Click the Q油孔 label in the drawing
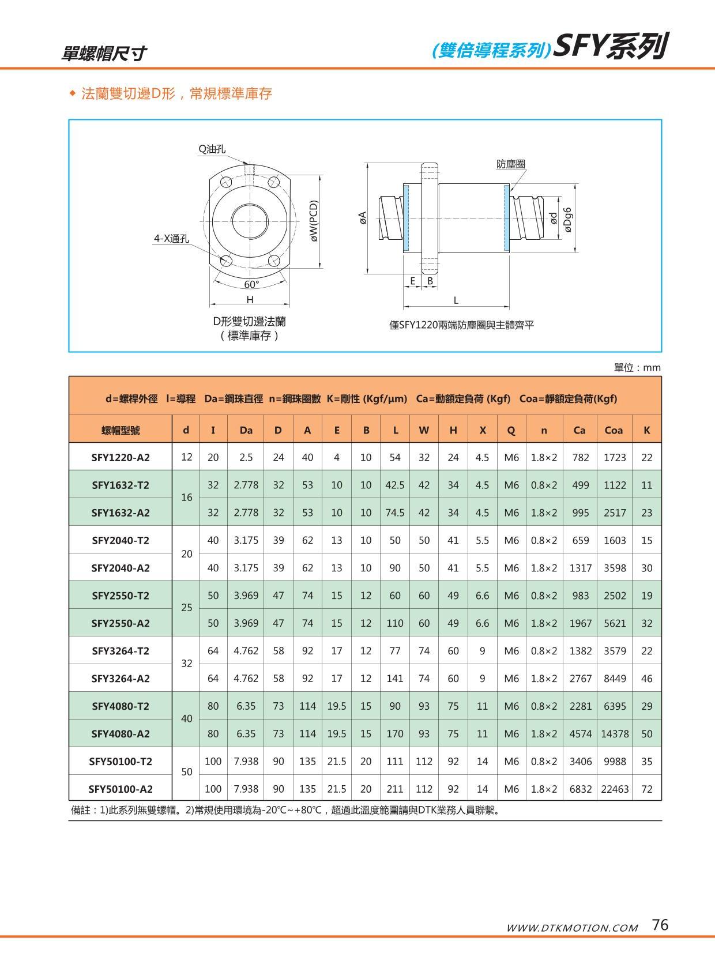tap(212, 149)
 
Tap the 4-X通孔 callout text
tap(171, 239)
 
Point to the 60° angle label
tap(251, 284)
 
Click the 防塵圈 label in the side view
tap(511, 164)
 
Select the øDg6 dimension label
tap(569, 219)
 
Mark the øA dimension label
tap(362, 218)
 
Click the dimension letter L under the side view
tap(456, 300)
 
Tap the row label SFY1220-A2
tap(121, 458)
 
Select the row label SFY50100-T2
tap(121, 762)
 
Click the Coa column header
tap(614, 430)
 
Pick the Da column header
tap(246, 430)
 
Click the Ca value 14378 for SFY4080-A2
tap(615, 734)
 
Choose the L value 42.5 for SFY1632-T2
tap(395, 485)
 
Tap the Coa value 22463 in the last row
tap(615, 789)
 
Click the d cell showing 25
tap(186, 608)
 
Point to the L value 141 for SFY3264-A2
tap(395, 679)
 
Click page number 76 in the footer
tap(660, 925)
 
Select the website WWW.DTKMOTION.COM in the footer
tap(572, 928)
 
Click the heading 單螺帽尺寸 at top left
tap(104, 54)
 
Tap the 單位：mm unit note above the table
tap(637, 368)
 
